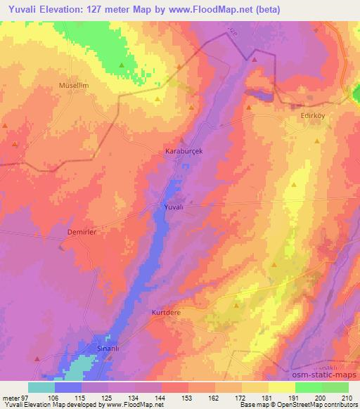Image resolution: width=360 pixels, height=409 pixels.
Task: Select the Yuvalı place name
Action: (173, 208)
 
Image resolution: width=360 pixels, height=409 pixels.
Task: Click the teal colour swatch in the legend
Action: (41, 387)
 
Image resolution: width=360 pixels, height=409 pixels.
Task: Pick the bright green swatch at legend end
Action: (335, 387)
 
